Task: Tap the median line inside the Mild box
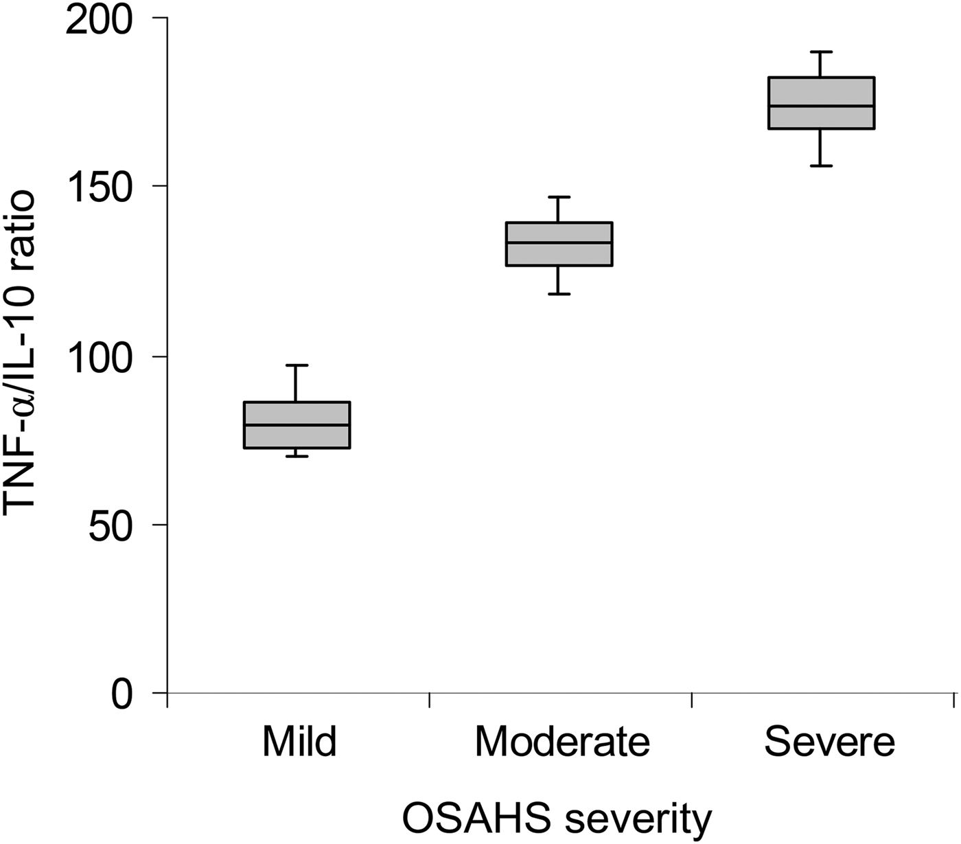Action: pos(297,424)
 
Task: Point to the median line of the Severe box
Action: pos(821,106)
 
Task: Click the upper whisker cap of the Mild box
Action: pos(297,365)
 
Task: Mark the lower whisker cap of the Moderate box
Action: pos(559,294)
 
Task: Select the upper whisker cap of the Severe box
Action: pos(821,52)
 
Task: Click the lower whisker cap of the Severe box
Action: pos(821,166)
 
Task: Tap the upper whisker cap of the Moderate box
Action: pos(559,197)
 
